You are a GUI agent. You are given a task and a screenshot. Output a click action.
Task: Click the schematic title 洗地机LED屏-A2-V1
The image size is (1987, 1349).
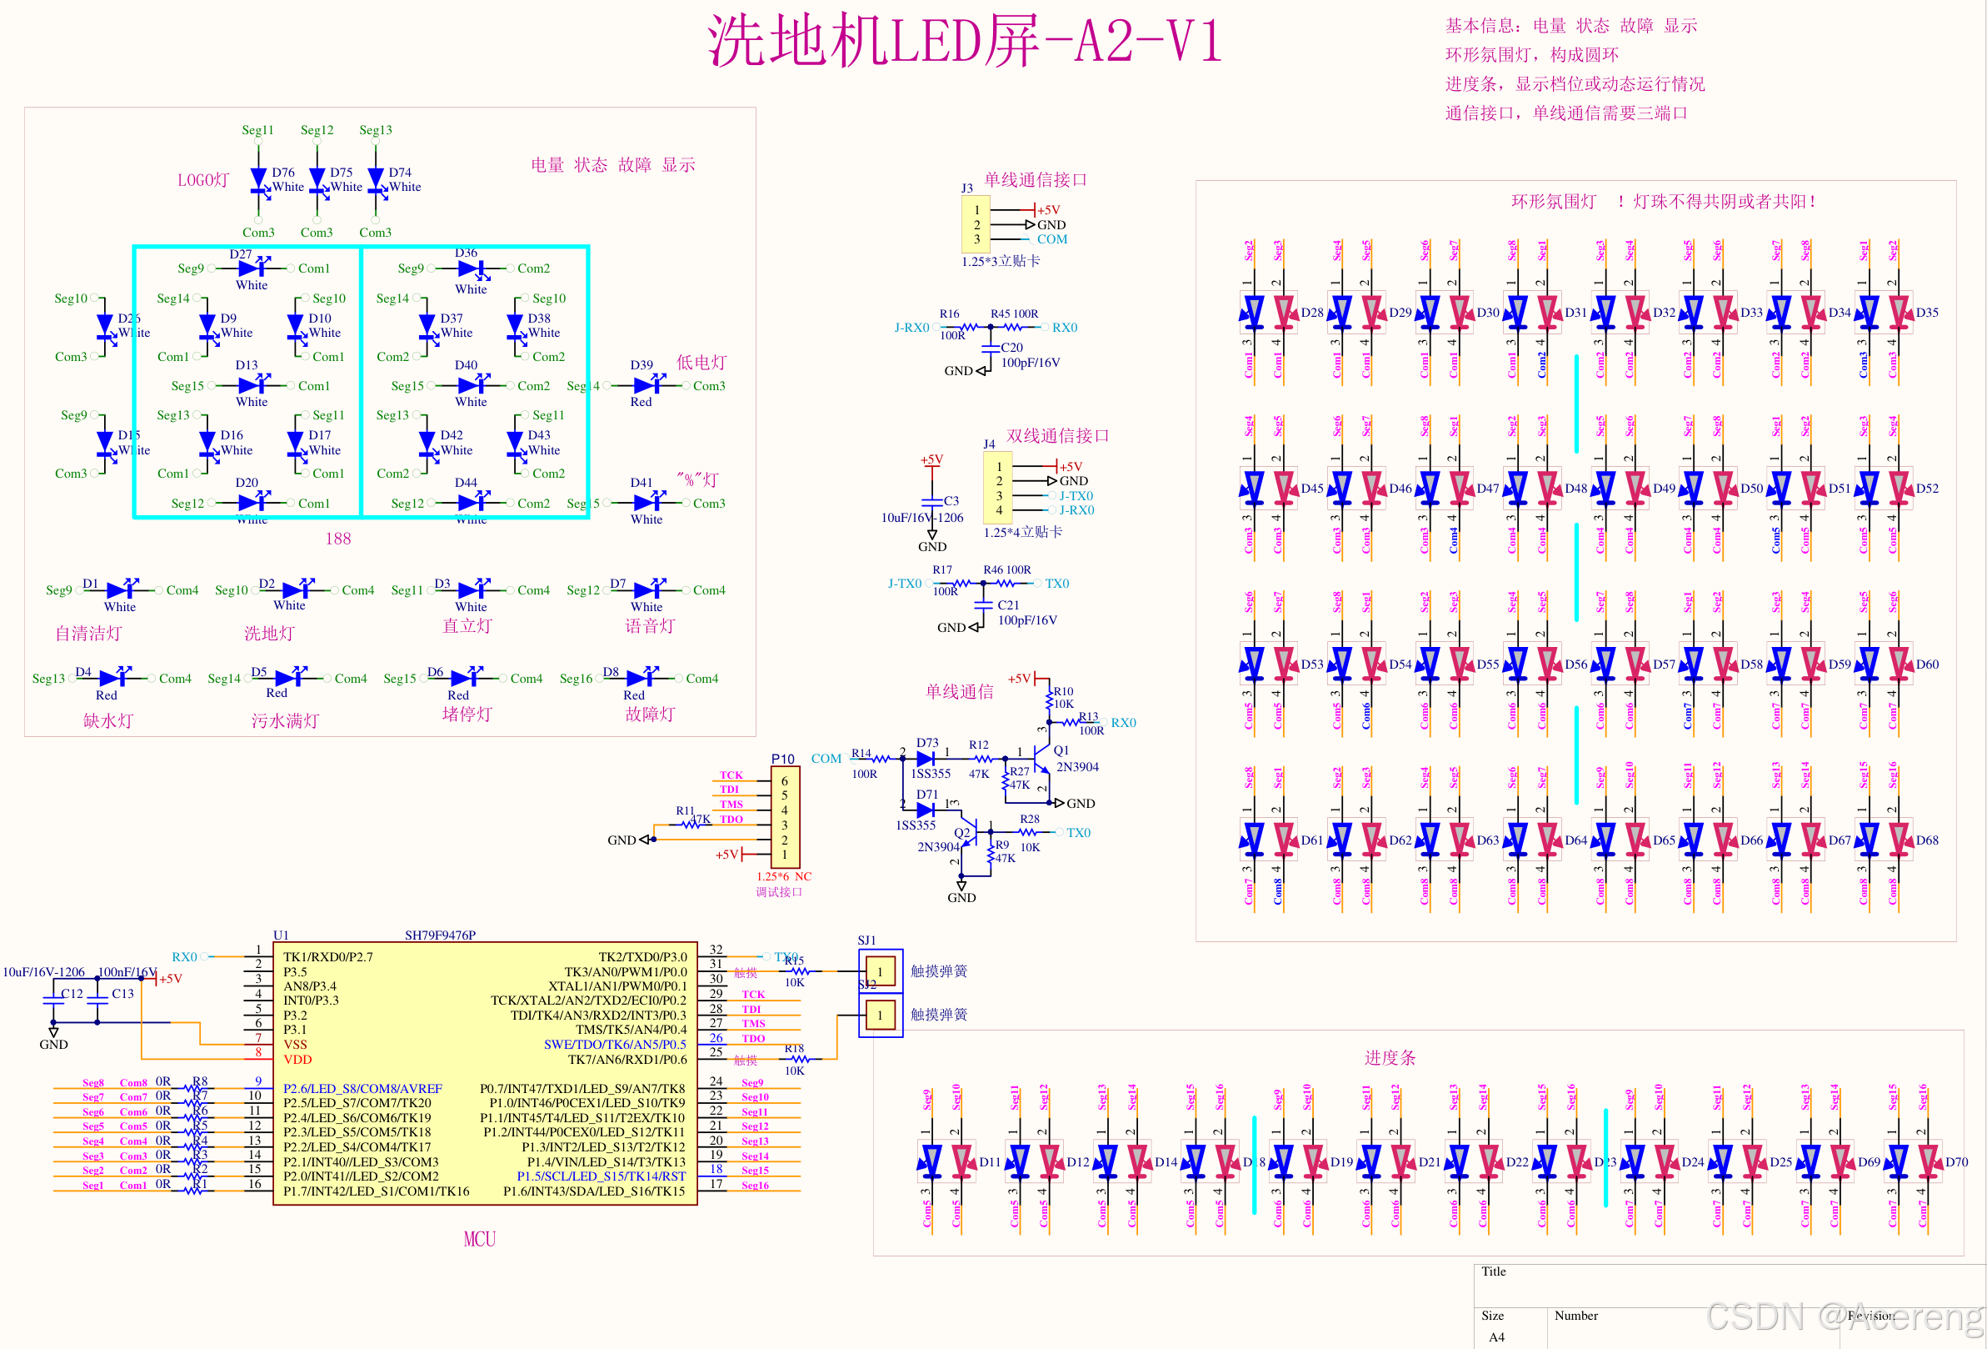(x=964, y=41)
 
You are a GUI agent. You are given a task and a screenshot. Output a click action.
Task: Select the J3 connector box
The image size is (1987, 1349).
(x=976, y=224)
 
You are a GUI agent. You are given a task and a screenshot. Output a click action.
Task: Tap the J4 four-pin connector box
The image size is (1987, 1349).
(x=999, y=489)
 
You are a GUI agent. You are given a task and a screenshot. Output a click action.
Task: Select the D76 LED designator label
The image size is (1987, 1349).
(x=283, y=172)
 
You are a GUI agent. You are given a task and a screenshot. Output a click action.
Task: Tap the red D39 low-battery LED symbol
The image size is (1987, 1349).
(x=645, y=386)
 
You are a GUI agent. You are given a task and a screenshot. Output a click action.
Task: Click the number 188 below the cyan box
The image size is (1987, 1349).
(x=337, y=538)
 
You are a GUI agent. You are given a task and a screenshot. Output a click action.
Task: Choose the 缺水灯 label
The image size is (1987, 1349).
(x=107, y=720)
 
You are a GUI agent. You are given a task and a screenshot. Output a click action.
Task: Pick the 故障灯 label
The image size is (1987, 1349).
(x=650, y=714)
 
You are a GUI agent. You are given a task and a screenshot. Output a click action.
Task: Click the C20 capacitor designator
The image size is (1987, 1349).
(x=1011, y=348)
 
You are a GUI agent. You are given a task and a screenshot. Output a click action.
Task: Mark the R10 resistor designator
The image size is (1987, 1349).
(x=1063, y=690)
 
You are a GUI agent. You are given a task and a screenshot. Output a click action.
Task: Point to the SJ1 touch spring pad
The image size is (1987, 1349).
(x=880, y=971)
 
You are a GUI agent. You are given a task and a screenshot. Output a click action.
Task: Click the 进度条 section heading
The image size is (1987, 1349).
(x=1390, y=1057)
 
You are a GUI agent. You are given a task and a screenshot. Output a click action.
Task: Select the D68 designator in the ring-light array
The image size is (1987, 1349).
(x=1927, y=840)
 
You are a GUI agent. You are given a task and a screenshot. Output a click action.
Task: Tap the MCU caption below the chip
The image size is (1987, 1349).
(x=480, y=1239)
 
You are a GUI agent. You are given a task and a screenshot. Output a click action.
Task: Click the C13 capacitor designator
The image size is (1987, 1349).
(x=122, y=993)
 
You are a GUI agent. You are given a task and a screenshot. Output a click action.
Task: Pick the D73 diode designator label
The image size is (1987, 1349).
(x=926, y=743)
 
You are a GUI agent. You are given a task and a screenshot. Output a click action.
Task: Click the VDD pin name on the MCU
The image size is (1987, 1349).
(x=297, y=1059)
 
